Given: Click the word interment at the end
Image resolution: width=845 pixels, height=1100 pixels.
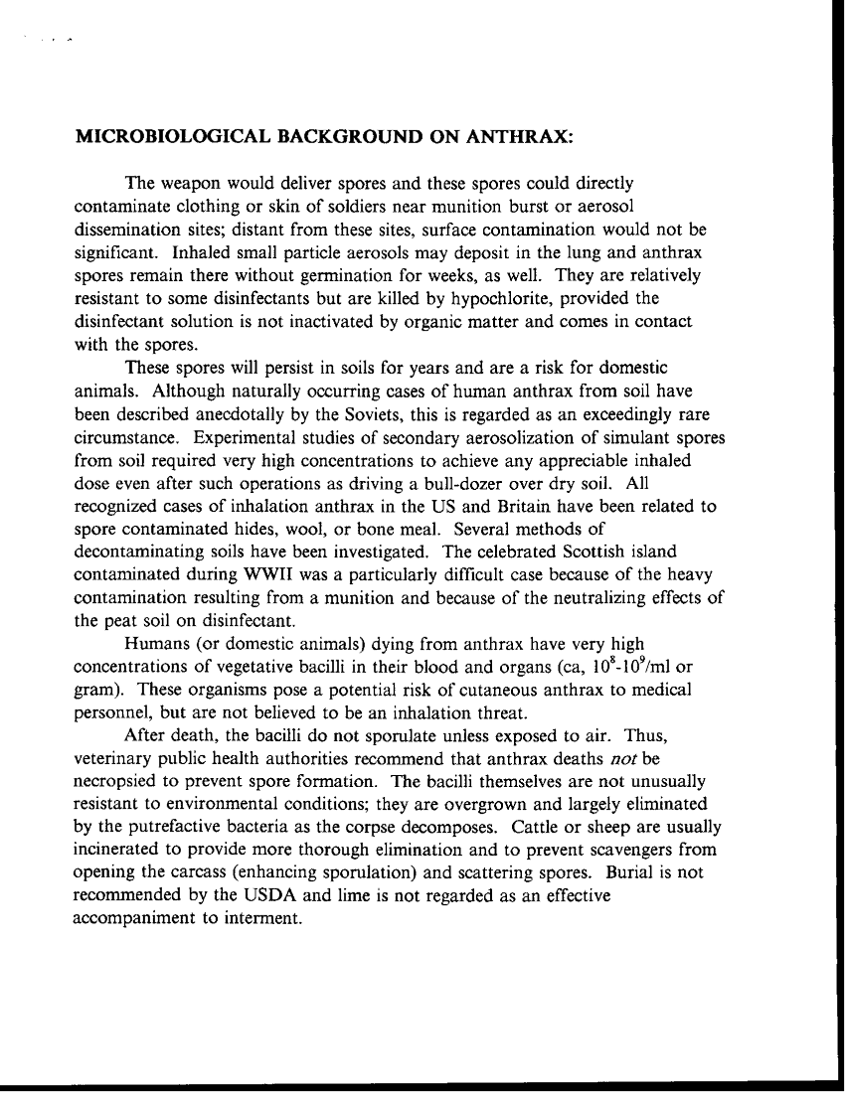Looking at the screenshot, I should [x=260, y=919].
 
